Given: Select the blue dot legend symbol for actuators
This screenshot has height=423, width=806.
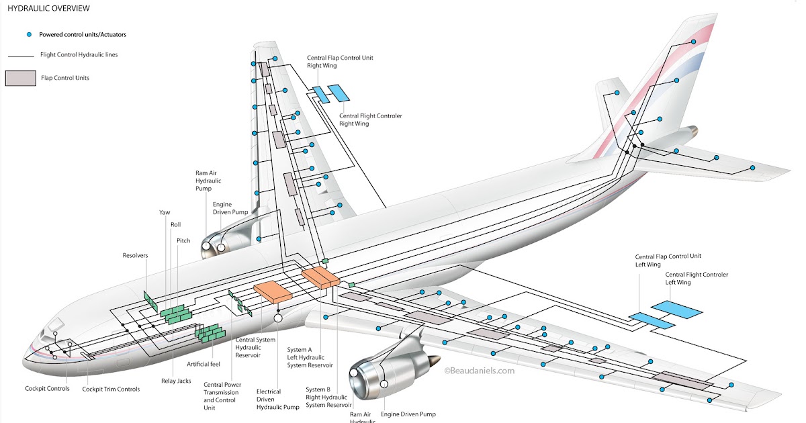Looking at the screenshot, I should click(29, 34).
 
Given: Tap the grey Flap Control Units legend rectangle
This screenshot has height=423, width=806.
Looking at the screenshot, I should click(20, 78).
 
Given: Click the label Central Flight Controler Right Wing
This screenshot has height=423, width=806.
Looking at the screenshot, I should click(370, 120).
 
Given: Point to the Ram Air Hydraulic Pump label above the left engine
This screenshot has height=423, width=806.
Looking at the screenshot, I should click(208, 181).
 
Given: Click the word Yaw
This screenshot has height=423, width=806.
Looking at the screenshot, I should click(165, 212).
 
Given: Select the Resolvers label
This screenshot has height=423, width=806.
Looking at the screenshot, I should click(135, 255).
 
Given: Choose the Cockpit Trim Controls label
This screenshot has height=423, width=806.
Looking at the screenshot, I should click(111, 389).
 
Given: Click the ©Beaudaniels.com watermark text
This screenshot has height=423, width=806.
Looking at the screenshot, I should click(479, 370).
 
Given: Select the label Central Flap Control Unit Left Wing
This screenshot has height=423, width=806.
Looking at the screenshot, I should click(668, 261).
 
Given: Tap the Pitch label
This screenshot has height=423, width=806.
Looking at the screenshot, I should click(183, 240).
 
